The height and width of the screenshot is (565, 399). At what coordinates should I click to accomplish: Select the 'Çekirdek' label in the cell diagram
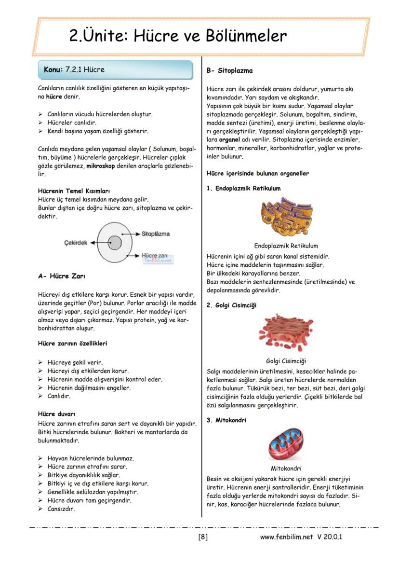[x=76, y=243]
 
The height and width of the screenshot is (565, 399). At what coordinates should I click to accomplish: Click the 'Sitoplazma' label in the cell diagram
[x=156, y=234]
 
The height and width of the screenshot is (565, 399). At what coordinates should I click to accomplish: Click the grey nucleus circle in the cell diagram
[x=114, y=243]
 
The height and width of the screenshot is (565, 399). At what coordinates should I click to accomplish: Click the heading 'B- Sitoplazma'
[x=229, y=70]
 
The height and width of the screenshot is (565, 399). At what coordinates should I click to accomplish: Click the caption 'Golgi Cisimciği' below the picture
[x=286, y=361]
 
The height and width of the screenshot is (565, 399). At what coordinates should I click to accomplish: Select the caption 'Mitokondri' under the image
[x=286, y=468]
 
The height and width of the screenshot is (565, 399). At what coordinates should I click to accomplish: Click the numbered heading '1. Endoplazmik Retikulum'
[x=243, y=188]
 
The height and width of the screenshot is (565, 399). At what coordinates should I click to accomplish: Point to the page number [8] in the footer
[x=203, y=537]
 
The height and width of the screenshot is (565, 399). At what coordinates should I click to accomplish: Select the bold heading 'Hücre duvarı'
[x=56, y=414]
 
